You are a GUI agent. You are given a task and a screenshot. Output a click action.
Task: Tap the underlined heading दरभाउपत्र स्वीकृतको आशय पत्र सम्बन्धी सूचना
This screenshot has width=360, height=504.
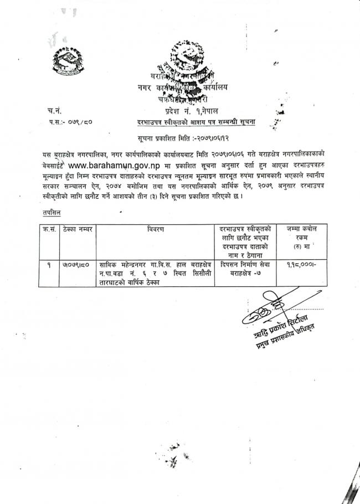click(x=196, y=121)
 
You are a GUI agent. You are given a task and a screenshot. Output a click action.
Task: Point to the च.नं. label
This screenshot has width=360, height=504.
click(x=55, y=112)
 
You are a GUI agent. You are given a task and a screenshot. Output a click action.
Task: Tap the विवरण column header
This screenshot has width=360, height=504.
click(x=155, y=229)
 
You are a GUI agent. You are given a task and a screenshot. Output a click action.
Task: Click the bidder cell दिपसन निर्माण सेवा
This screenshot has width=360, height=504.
click(x=245, y=269)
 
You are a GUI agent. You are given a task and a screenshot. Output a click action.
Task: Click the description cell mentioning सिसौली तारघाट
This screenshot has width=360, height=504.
click(x=155, y=274)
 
